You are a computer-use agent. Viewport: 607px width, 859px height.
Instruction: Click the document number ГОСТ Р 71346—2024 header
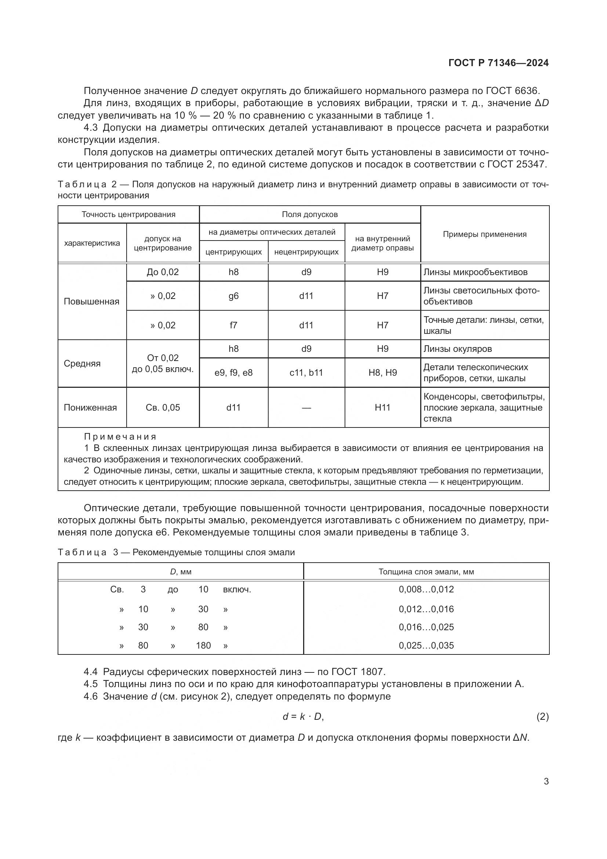pyautogui.click(x=498, y=63)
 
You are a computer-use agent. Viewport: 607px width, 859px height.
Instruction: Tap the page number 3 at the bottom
pyautogui.click(x=546, y=781)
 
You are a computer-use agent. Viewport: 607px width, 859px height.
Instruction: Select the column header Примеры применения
pyautogui.click(x=484, y=234)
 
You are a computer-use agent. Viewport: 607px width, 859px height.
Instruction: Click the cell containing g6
pyautogui.click(x=234, y=296)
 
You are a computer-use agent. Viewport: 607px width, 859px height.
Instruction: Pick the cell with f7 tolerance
pyautogui.click(x=234, y=325)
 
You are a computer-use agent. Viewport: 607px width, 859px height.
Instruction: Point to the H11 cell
pyautogui.click(x=382, y=407)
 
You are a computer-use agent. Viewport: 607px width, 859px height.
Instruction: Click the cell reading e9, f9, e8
pyautogui.click(x=234, y=373)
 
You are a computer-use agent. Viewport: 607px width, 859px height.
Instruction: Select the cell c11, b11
pyautogui.click(x=306, y=373)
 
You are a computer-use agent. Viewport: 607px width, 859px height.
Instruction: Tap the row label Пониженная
pyautogui.click(x=90, y=407)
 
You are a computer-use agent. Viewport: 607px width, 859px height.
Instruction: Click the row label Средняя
pyautogui.click(x=82, y=363)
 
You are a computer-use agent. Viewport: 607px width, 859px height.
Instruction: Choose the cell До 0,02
pyautogui.click(x=163, y=272)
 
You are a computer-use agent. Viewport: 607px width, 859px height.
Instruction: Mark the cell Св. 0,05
pyautogui.click(x=163, y=407)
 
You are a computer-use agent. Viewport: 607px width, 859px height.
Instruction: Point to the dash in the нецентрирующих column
pyautogui.click(x=306, y=408)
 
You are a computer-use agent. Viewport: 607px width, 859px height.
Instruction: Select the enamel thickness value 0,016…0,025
pyautogui.click(x=426, y=627)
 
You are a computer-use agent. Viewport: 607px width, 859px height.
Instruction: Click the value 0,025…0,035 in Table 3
pyautogui.click(x=426, y=645)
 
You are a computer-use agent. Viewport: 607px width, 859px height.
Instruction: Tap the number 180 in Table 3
pyautogui.click(x=203, y=645)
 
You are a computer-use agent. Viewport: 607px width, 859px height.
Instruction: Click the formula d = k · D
pyautogui.click(x=303, y=717)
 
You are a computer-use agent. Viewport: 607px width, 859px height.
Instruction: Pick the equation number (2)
pyautogui.click(x=542, y=717)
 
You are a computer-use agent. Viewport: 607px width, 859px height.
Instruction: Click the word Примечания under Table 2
pyautogui.click(x=120, y=437)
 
